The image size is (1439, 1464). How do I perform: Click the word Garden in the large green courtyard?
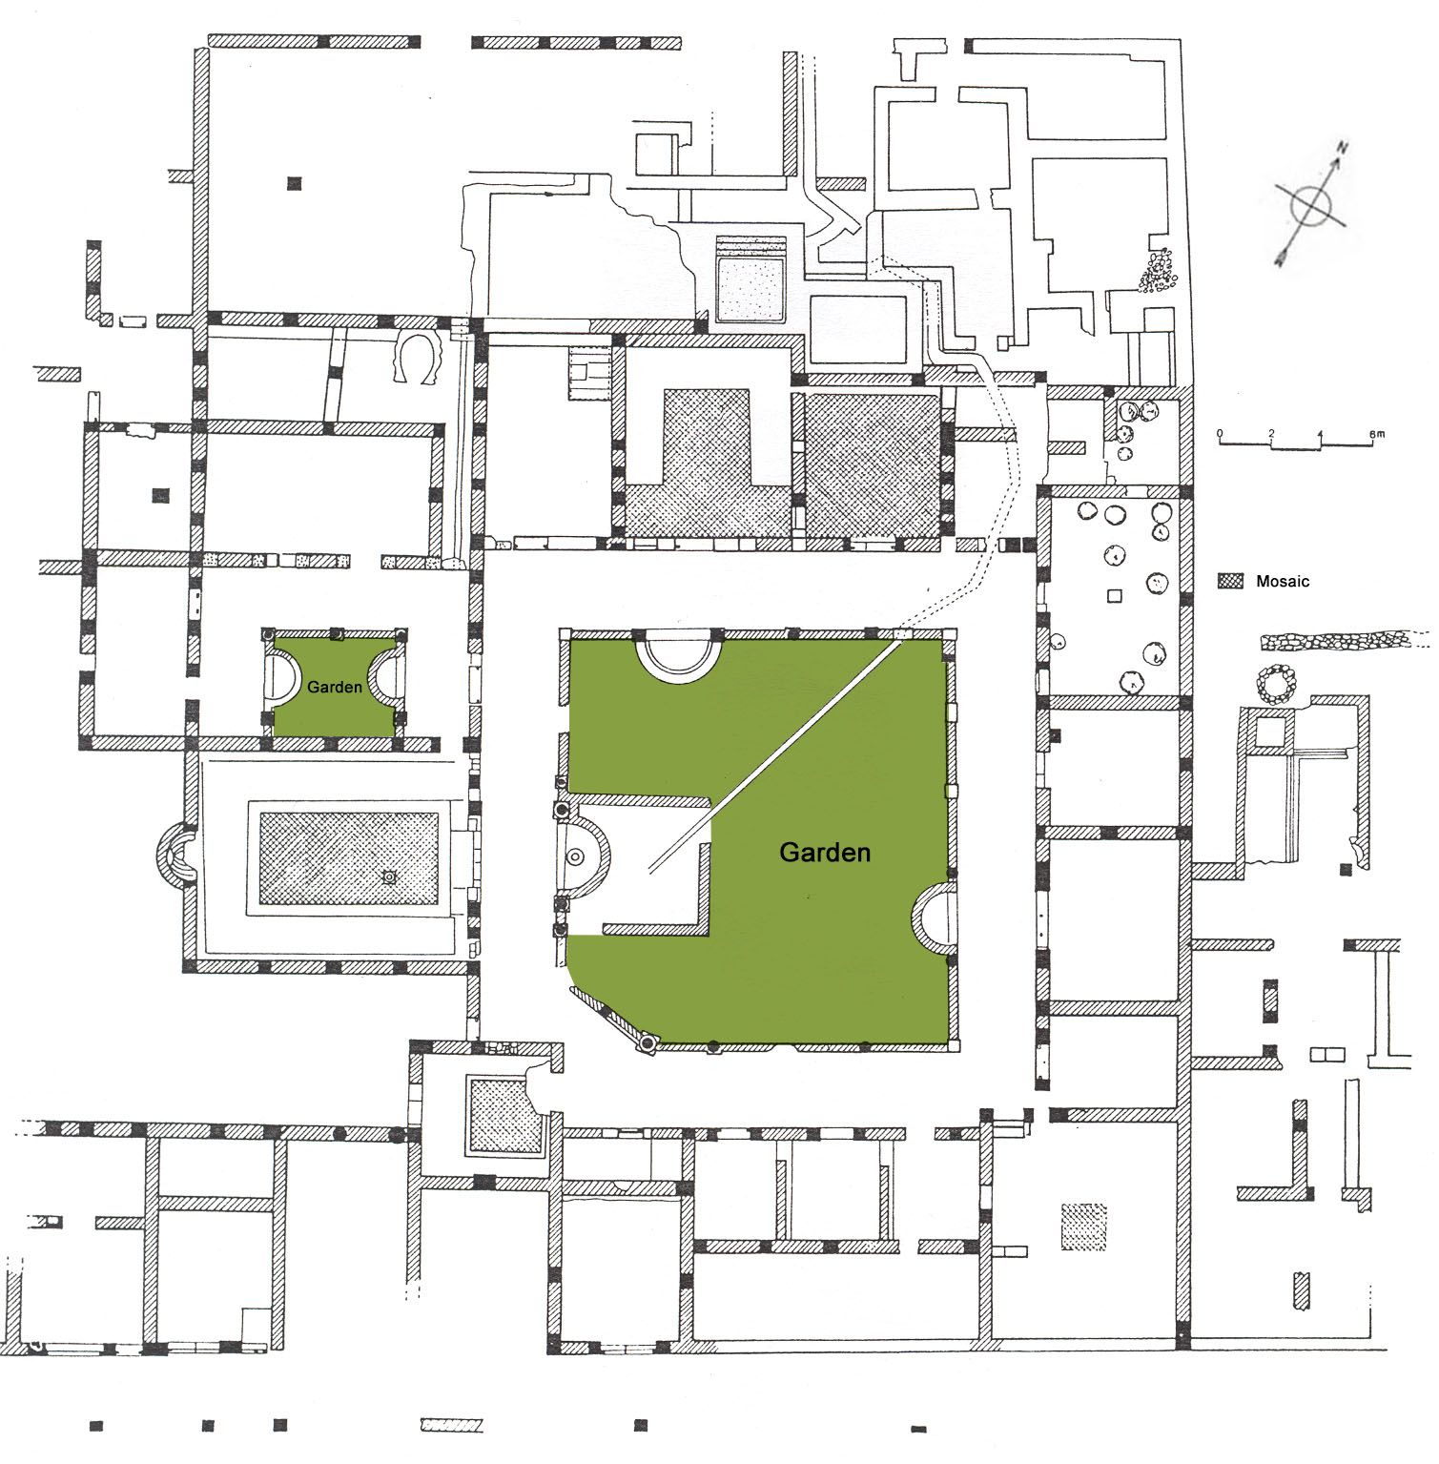825,852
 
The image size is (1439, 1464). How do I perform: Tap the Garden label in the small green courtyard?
334,686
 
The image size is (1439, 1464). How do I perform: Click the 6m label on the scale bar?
1375,434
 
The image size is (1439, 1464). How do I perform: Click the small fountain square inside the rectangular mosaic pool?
388,876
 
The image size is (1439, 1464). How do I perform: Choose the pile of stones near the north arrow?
1157,271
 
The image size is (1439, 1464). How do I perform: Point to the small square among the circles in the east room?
1115,597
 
